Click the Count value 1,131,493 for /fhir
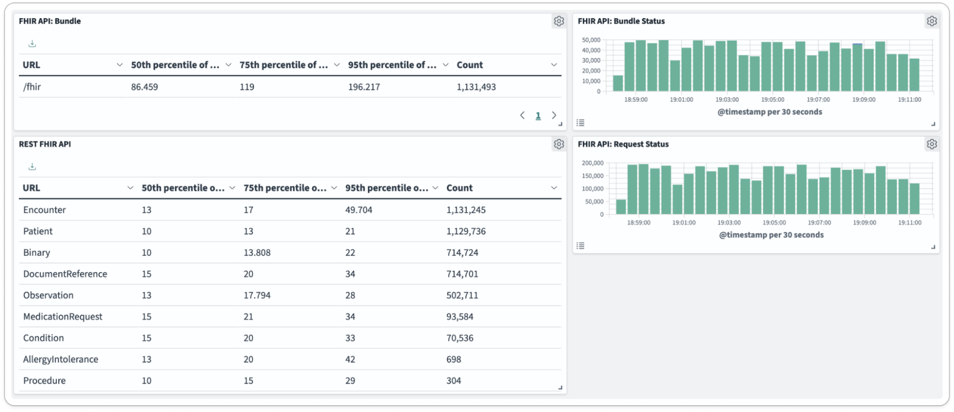[476, 87]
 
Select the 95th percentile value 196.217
[364, 87]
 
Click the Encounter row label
[44, 210]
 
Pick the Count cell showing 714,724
[462, 252]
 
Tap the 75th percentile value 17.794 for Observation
[257, 295]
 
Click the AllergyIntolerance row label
[61, 359]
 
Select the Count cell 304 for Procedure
[453, 381]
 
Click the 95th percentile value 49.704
[358, 210]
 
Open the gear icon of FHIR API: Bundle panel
[559, 21]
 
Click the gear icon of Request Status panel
[932, 144]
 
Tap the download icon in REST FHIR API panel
[32, 167]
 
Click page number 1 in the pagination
[538, 116]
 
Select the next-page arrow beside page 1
[554, 116]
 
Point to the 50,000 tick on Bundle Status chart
[591, 40]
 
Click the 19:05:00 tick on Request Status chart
[774, 223]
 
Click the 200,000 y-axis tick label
[592, 163]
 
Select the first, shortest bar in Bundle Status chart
[618, 83]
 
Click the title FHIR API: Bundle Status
[621, 21]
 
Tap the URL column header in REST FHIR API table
[31, 188]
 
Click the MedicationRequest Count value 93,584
[459, 317]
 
